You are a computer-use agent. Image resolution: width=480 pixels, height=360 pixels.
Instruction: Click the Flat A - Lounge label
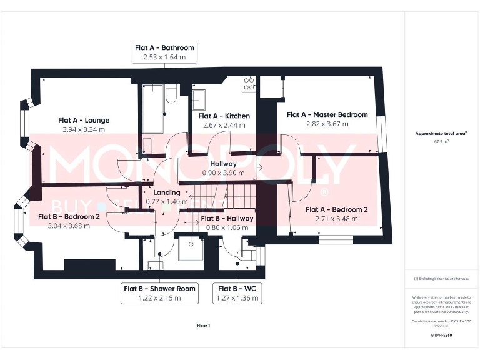pyautogui.click(x=84, y=120)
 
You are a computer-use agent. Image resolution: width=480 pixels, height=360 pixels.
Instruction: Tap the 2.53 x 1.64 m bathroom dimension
pyautogui.click(x=164, y=57)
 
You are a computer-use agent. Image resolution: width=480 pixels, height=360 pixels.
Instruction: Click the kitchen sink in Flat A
pyautogui.click(x=199, y=98)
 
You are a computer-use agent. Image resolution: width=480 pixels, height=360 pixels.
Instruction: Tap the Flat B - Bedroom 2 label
pyautogui.click(x=69, y=216)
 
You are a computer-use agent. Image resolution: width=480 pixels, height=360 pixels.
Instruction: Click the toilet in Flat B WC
pyautogui.click(x=247, y=256)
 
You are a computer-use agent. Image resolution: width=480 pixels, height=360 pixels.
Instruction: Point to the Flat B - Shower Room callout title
pyautogui.click(x=159, y=289)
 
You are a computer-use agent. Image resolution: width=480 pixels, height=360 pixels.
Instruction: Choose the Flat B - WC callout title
pyautogui.click(x=237, y=289)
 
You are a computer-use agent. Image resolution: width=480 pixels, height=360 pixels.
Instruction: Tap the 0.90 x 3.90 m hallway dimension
pyautogui.click(x=223, y=172)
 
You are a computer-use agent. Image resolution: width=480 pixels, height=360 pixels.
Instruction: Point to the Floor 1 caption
pyautogui.click(x=203, y=325)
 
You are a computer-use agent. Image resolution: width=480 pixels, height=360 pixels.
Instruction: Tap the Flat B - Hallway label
pyautogui.click(x=227, y=218)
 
